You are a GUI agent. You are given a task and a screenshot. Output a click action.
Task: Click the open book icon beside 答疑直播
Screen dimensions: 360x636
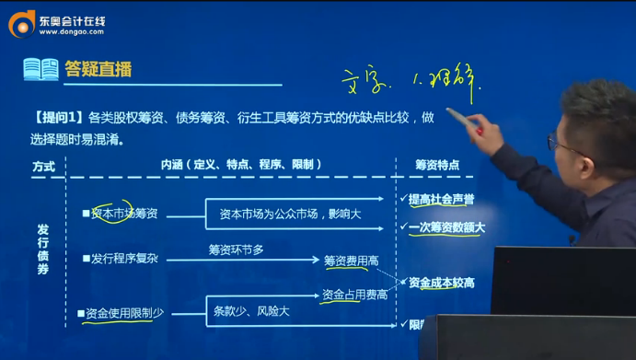point(39,70)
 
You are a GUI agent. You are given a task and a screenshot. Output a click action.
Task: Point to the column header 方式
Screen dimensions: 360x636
point(43,166)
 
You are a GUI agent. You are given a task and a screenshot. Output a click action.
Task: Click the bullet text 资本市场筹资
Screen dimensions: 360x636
point(124,214)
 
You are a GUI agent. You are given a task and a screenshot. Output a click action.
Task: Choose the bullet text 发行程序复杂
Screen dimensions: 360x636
point(124,259)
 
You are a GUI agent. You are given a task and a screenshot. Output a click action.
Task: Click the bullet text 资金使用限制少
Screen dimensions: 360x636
point(127,313)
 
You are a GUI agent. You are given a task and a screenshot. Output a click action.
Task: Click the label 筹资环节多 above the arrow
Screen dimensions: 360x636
point(237,248)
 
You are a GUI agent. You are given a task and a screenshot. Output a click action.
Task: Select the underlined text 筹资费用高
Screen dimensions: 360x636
point(352,261)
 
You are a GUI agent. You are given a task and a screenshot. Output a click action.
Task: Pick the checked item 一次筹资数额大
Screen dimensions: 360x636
point(445,226)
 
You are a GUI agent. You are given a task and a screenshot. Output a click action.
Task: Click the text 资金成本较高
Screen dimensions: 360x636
point(441,281)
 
